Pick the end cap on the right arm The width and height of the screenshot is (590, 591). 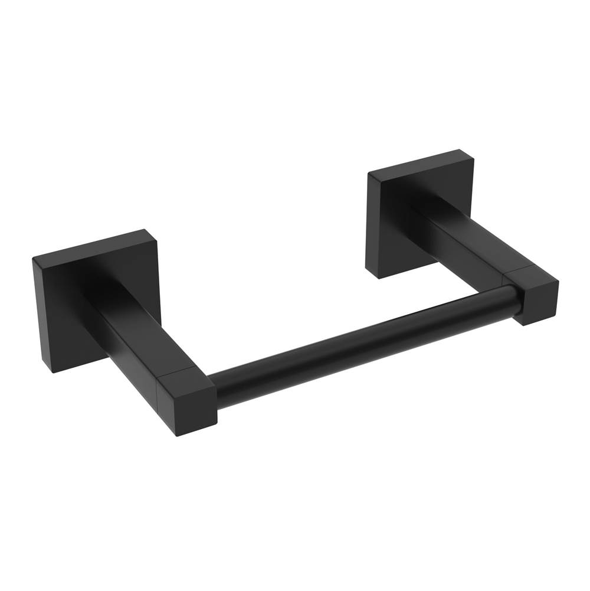534,298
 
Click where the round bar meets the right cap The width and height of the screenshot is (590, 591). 517,298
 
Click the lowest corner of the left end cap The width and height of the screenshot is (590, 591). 177,436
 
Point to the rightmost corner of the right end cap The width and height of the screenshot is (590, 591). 558,282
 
